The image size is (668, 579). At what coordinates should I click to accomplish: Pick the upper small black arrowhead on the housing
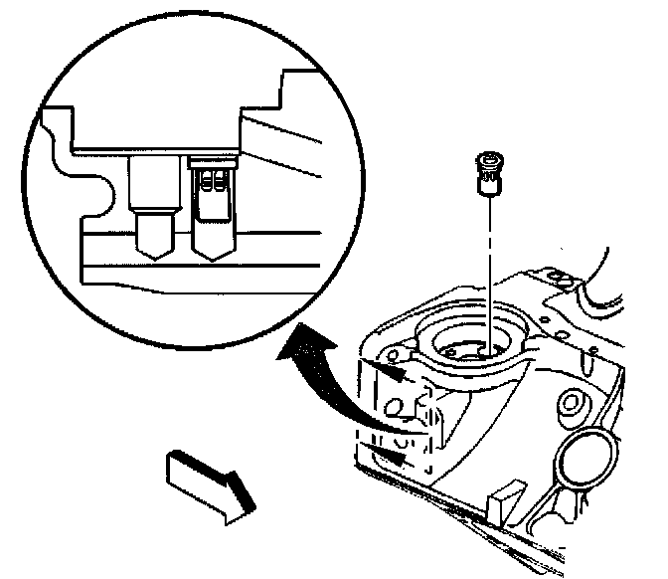coord(393,372)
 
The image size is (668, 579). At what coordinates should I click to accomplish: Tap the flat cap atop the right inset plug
coord(213,158)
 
